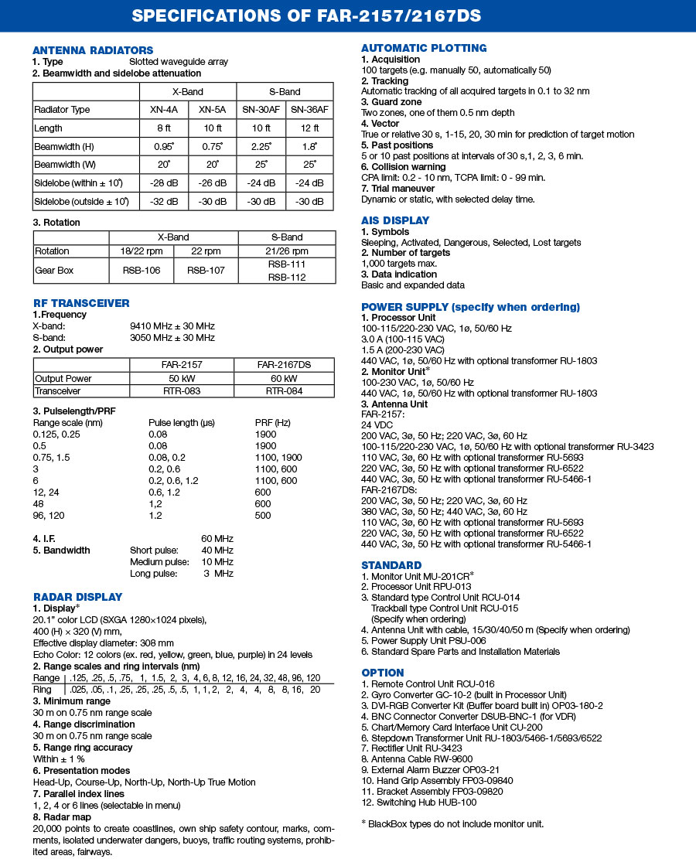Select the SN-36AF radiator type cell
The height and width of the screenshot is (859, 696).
309,110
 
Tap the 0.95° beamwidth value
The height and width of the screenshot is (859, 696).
163,146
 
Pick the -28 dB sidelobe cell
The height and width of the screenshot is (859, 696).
163,183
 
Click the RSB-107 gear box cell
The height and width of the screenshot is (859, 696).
206,271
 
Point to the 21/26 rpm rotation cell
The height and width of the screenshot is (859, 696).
287,251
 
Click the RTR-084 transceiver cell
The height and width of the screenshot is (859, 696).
281,391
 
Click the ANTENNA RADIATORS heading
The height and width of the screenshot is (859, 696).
93,50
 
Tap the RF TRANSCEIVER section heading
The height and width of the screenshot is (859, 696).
81,303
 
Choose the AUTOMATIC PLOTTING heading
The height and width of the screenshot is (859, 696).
424,48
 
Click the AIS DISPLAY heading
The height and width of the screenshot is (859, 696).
395,220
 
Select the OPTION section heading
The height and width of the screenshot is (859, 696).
383,673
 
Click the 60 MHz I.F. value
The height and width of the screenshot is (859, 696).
217,538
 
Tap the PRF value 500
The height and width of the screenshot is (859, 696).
263,515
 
